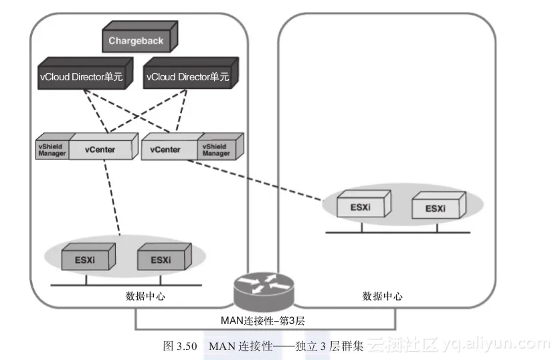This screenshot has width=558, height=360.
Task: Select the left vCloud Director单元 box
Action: click(80, 77)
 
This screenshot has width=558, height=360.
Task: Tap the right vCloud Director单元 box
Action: click(187, 77)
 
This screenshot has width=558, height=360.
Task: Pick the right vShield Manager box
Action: click(215, 149)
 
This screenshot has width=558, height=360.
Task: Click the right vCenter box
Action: click(166, 149)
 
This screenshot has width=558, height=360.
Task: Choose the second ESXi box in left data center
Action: click(161, 259)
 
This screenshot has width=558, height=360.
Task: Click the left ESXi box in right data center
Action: click(362, 207)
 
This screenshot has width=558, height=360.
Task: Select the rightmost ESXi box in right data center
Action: click(436, 208)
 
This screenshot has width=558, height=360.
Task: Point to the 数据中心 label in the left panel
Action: click(145, 296)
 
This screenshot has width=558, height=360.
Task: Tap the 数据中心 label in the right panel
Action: click(382, 296)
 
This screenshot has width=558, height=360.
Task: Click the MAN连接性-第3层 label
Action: click(263, 321)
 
